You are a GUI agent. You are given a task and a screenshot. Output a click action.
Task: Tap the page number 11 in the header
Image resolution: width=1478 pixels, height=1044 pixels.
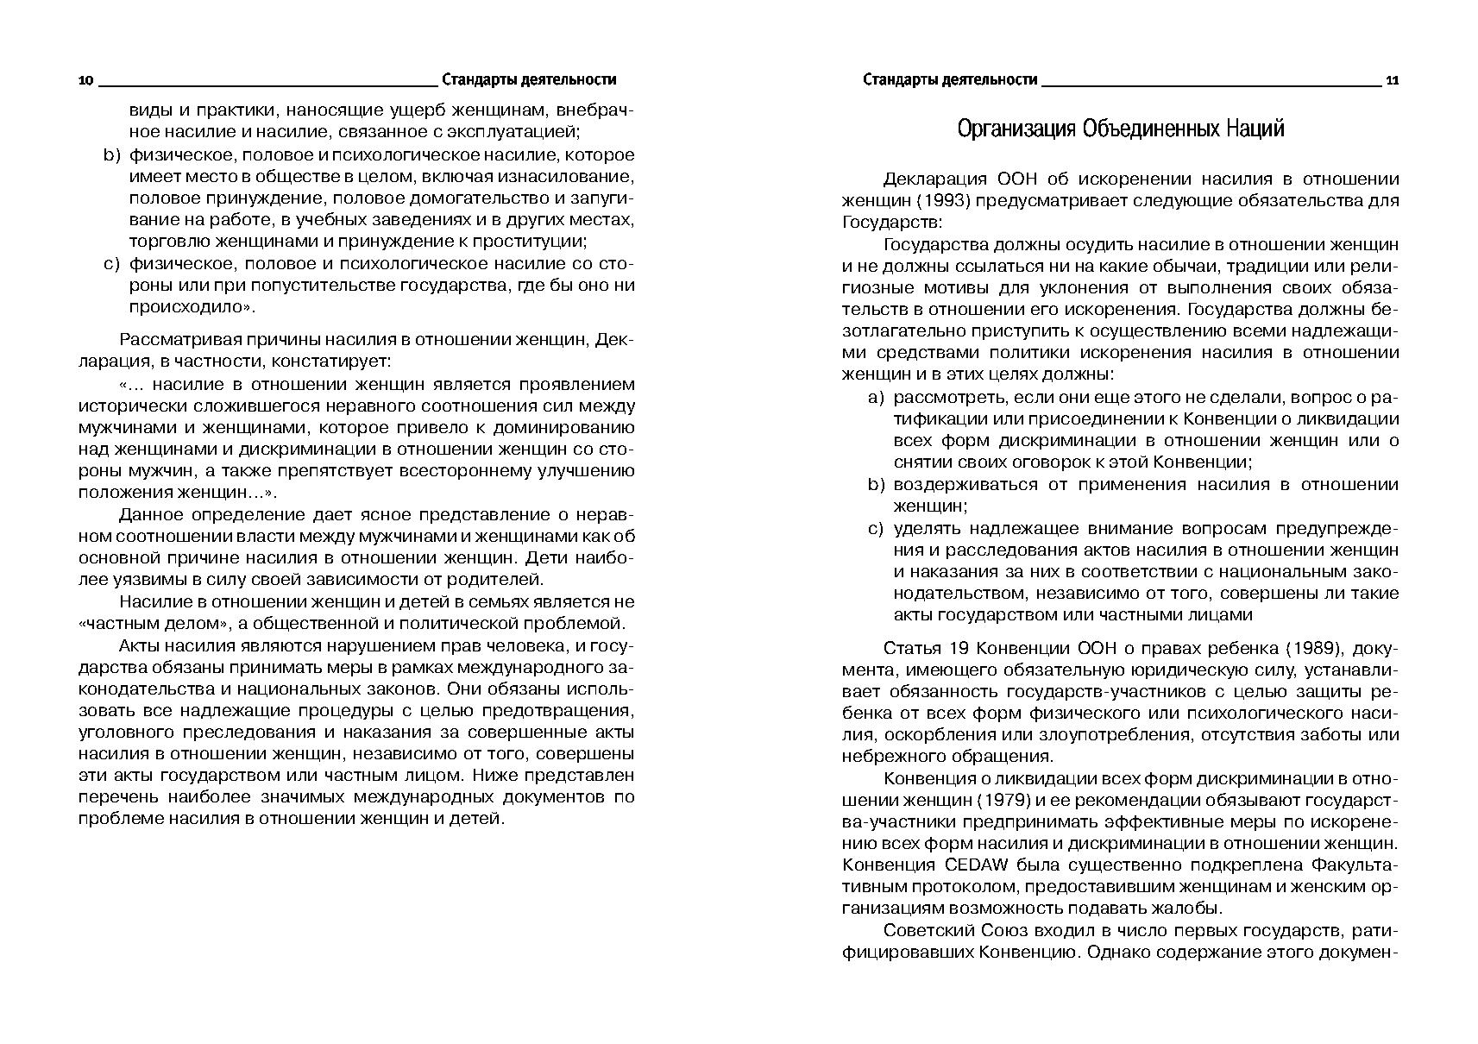[1392, 80]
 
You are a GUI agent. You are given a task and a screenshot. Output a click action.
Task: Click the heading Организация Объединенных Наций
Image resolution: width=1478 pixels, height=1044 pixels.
[1120, 129]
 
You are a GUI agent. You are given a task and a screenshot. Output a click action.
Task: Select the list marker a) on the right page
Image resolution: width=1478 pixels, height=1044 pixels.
[877, 398]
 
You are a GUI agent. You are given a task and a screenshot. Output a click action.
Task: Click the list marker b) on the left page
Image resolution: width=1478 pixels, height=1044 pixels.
[110, 155]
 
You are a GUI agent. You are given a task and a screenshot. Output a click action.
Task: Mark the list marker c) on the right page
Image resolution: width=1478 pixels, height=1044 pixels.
[877, 528]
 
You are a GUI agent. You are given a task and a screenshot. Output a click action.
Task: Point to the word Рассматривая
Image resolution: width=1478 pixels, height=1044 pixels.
[175, 341]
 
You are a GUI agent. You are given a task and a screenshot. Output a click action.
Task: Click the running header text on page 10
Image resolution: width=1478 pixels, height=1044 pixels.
[528, 80]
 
